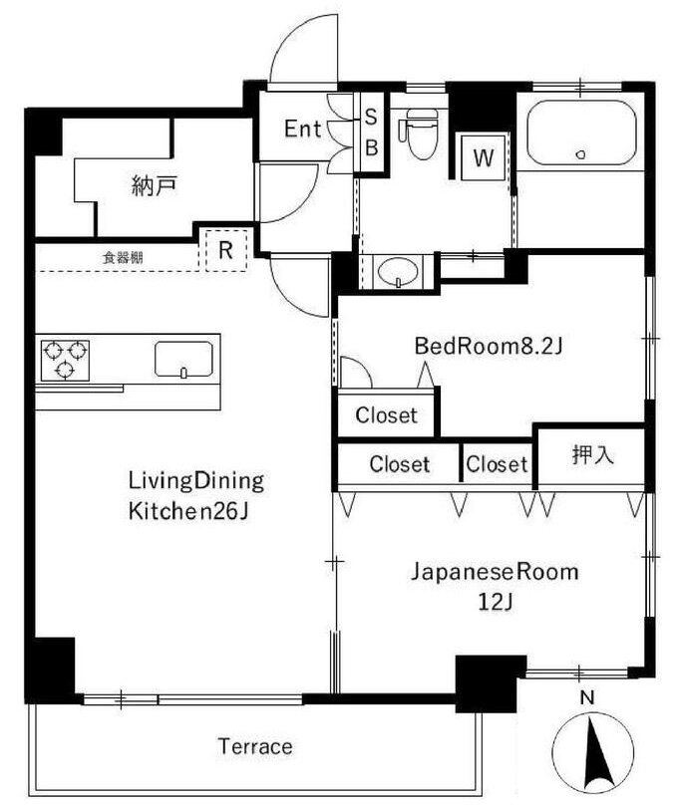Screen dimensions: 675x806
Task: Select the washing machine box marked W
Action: pyautogui.click(x=483, y=156)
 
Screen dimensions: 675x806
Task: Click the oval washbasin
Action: pyautogui.click(x=398, y=271)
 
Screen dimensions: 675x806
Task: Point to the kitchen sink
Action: pyautogui.click(x=183, y=360)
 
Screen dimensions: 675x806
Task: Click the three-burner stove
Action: pyautogui.click(x=65, y=360)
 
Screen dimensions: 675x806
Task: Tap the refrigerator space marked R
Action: pyautogui.click(x=226, y=251)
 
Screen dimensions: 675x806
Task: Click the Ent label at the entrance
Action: pyautogui.click(x=302, y=129)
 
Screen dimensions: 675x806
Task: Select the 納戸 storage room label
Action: pyautogui.click(x=155, y=185)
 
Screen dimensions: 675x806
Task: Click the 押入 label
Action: pyautogui.click(x=592, y=454)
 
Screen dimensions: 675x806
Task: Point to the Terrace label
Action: pyautogui.click(x=255, y=746)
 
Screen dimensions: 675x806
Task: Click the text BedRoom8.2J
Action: pyautogui.click(x=489, y=347)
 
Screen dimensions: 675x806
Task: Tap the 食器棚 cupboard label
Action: pyautogui.click(x=123, y=258)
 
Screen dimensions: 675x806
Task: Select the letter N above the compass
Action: pyautogui.click(x=587, y=698)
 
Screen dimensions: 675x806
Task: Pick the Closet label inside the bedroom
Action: pyautogui.click(x=387, y=414)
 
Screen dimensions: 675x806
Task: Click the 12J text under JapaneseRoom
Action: pyautogui.click(x=495, y=602)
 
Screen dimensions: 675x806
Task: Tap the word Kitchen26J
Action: pyautogui.click(x=188, y=511)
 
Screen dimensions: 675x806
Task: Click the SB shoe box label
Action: pyautogui.click(x=371, y=133)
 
